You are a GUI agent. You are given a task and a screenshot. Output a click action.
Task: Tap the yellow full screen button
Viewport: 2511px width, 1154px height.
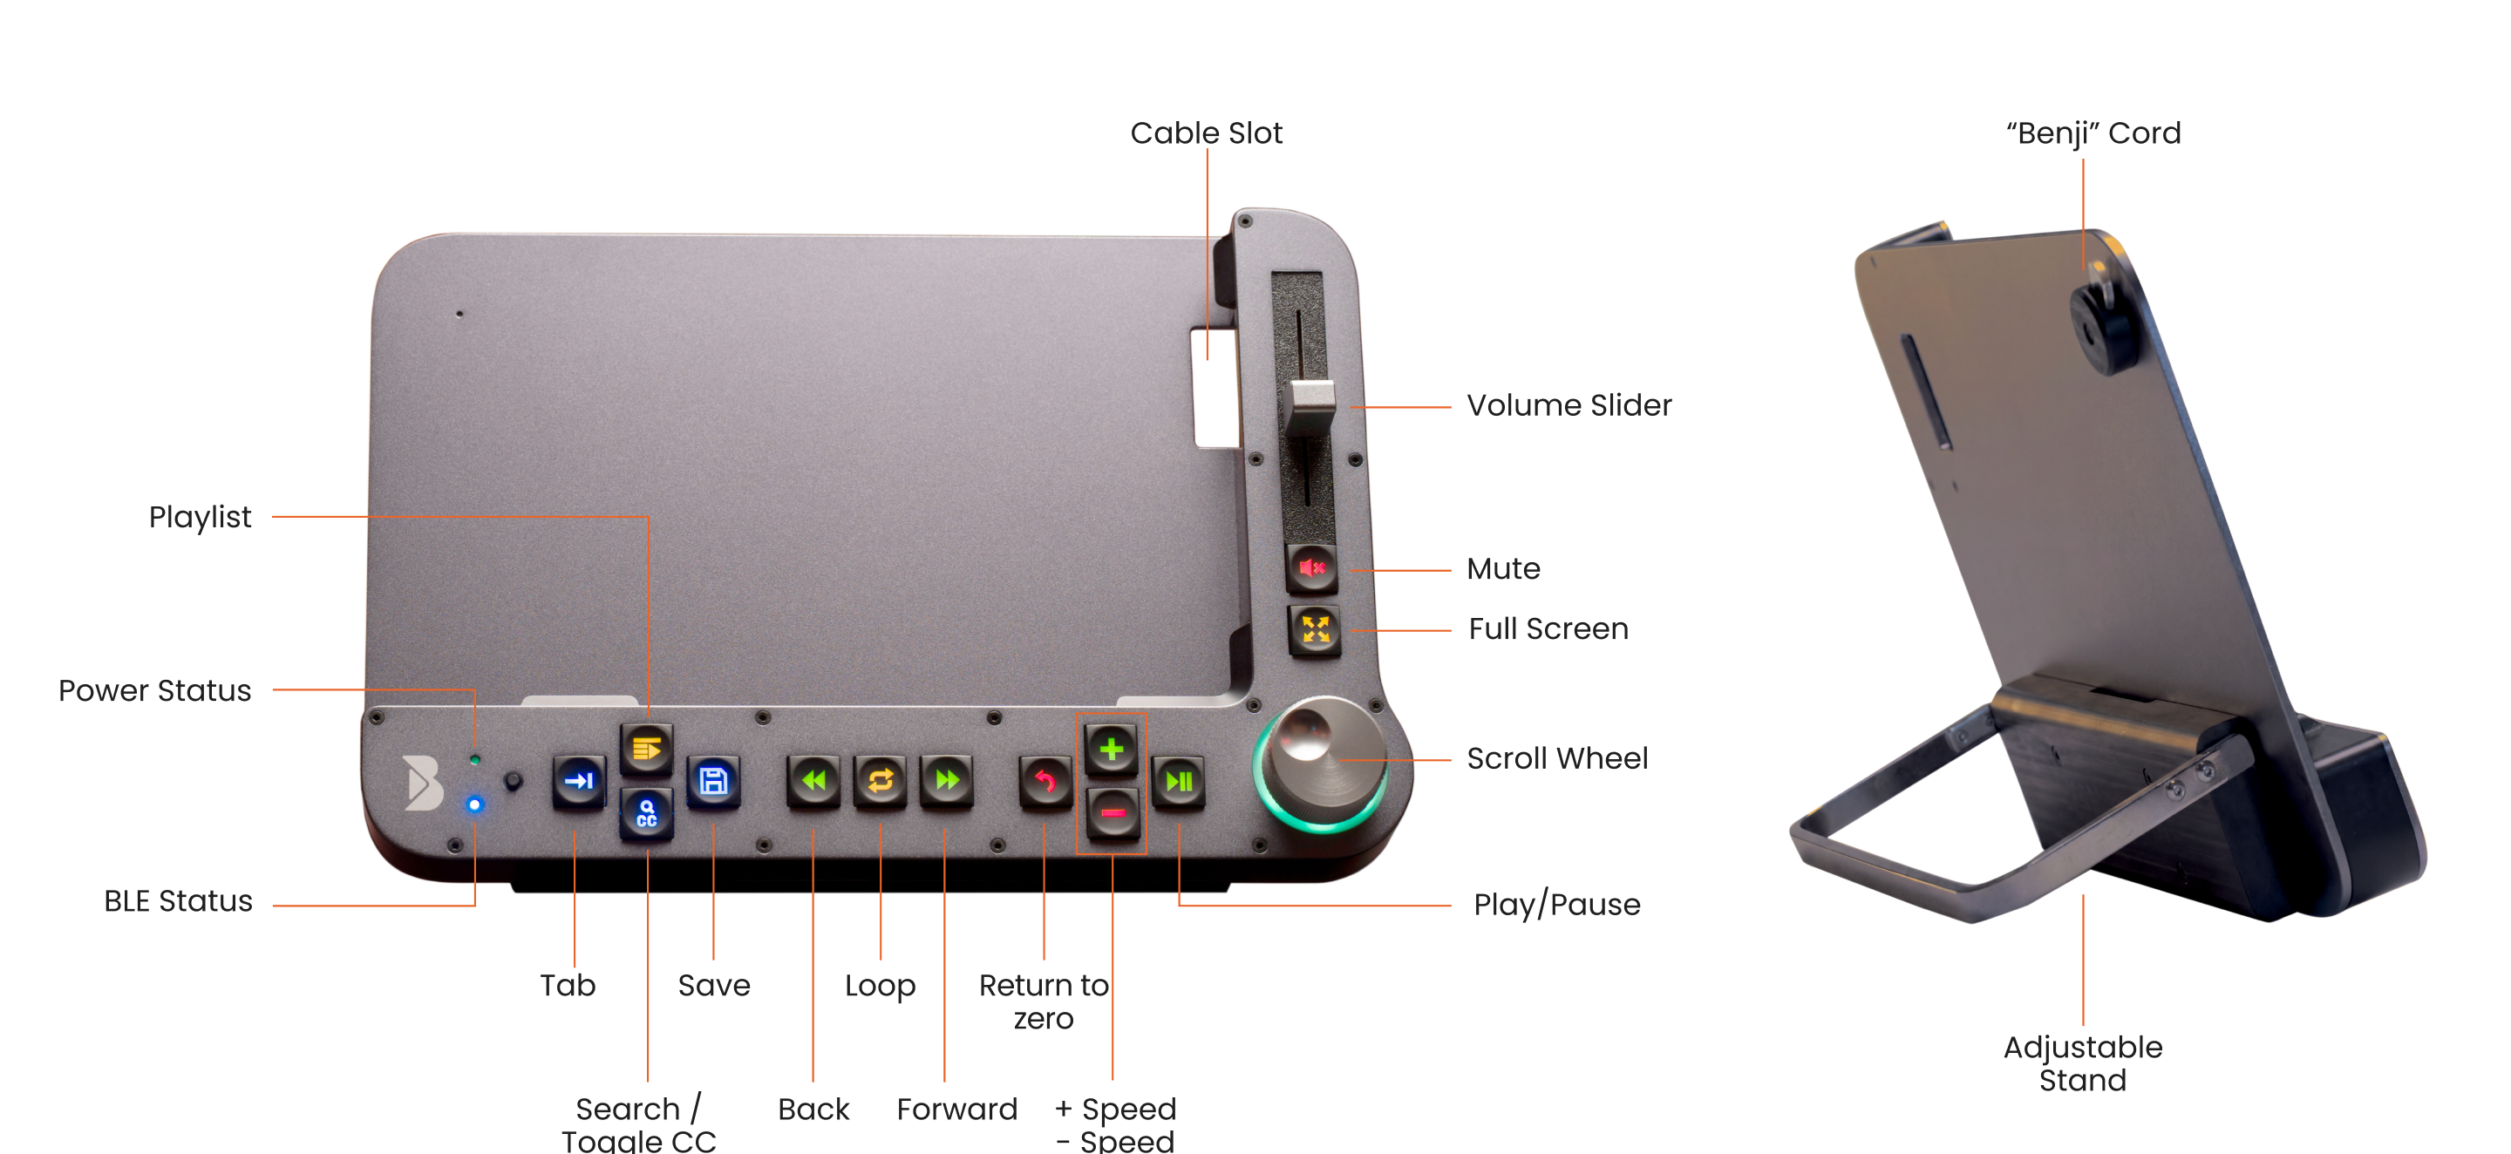(1315, 629)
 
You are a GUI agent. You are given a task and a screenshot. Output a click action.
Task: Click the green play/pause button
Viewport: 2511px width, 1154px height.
(1179, 782)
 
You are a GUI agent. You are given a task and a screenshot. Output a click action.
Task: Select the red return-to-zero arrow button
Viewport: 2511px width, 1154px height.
(1045, 782)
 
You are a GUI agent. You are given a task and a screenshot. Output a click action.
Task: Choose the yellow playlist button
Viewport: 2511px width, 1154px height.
(646, 749)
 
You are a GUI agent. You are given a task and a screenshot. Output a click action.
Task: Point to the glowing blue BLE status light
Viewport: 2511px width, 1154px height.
(474, 804)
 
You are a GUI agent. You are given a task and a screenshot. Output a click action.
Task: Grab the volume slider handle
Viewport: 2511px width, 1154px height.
(1310, 407)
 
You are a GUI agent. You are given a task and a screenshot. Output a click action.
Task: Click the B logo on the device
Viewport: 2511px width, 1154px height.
(424, 783)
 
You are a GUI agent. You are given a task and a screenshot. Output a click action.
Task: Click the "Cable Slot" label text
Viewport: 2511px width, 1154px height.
(1206, 132)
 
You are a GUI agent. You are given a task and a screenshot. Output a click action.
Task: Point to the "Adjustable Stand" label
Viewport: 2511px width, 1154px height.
(2083, 1063)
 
